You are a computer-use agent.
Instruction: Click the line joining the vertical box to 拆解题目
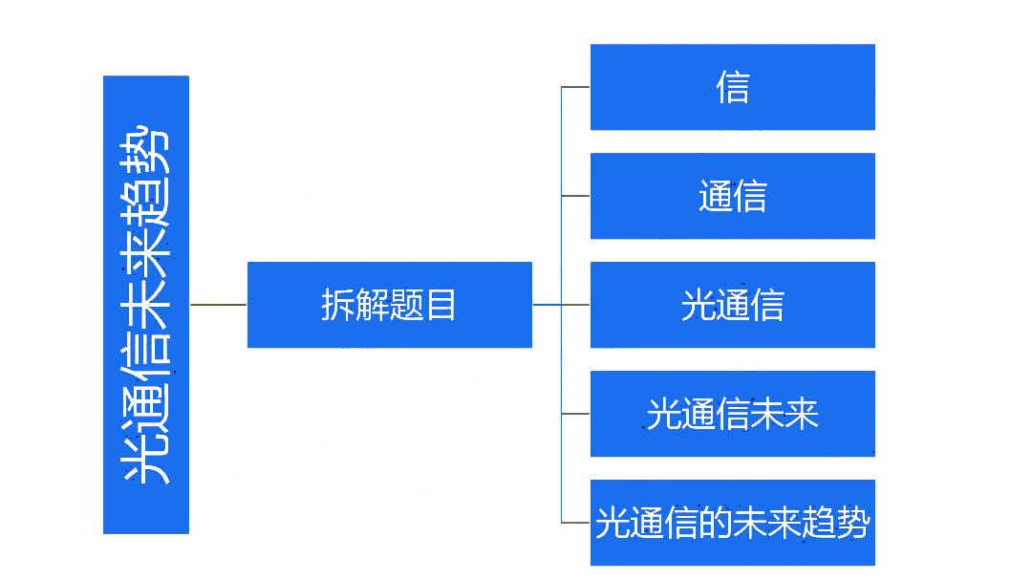(218, 305)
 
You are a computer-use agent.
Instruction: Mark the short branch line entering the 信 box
(575, 87)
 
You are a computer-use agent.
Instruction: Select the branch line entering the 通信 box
(575, 196)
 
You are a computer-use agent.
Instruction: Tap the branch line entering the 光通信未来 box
(575, 414)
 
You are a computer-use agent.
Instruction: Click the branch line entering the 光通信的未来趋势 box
(575, 523)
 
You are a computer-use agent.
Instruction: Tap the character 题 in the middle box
(406, 306)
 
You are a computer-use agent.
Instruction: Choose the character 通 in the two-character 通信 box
(716, 197)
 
